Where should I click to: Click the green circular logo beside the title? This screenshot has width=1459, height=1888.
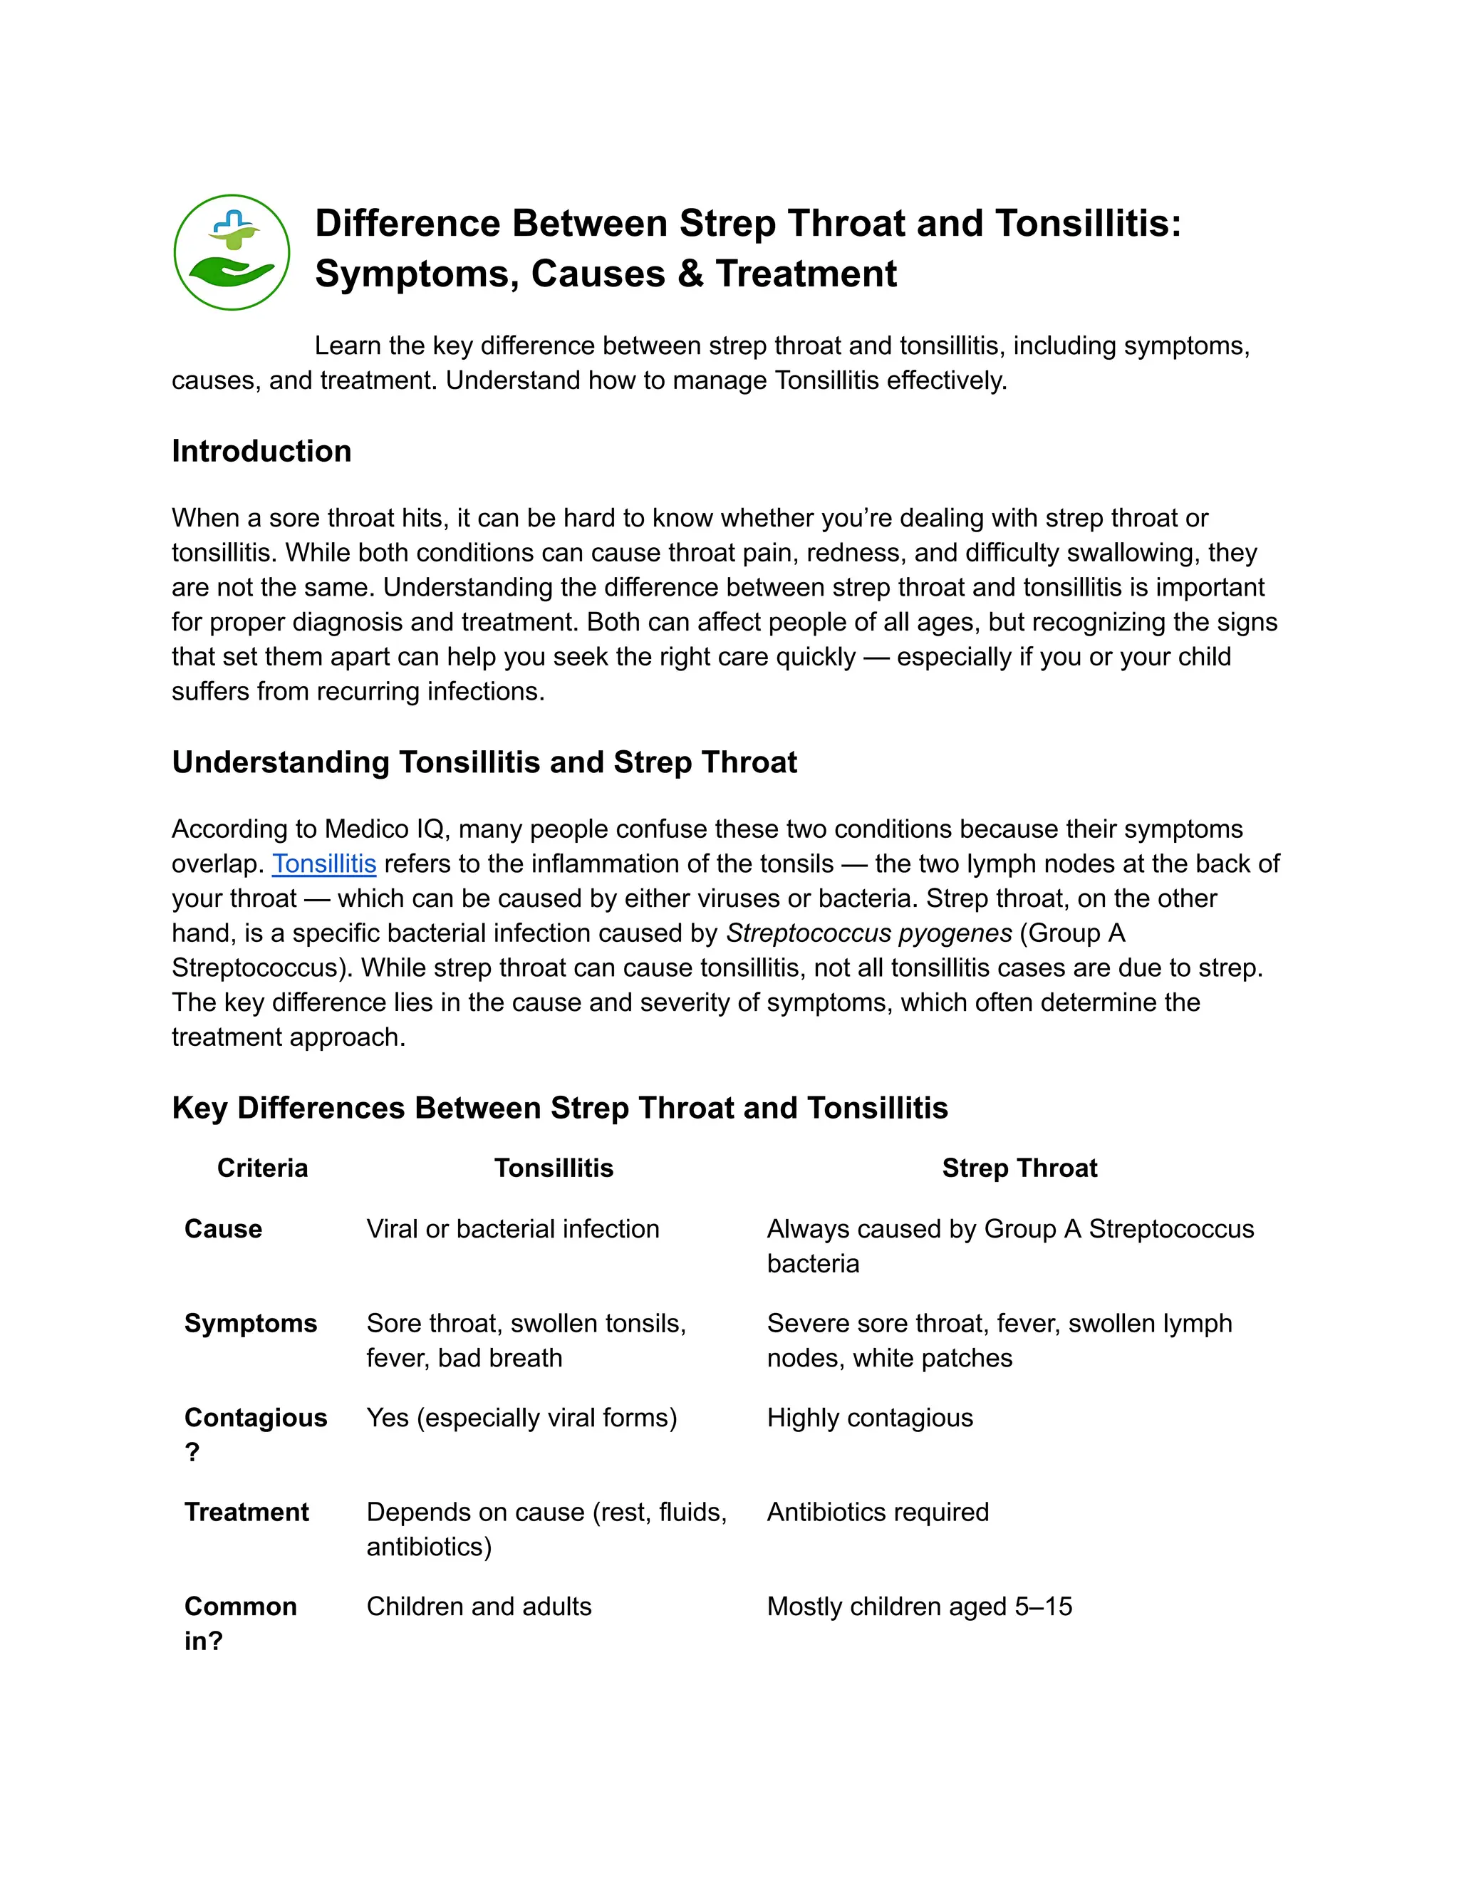click(x=232, y=251)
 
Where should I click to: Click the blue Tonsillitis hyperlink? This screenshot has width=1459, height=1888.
click(x=324, y=863)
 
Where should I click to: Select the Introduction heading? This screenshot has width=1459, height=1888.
click(x=261, y=451)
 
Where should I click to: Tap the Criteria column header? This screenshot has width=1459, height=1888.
click(x=262, y=1168)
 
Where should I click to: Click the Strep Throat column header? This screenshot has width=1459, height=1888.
click(x=1019, y=1168)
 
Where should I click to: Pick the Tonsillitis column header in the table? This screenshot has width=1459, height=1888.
click(x=553, y=1168)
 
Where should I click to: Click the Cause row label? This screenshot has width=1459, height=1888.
click(x=223, y=1228)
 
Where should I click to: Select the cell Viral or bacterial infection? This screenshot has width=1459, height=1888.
click(x=512, y=1228)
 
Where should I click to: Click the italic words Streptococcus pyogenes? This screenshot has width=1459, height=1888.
click(x=868, y=933)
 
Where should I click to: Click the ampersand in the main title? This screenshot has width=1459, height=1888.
click(x=690, y=274)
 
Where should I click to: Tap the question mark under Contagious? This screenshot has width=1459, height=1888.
click(x=192, y=1451)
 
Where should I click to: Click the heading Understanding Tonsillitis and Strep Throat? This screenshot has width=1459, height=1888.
click(x=484, y=762)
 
